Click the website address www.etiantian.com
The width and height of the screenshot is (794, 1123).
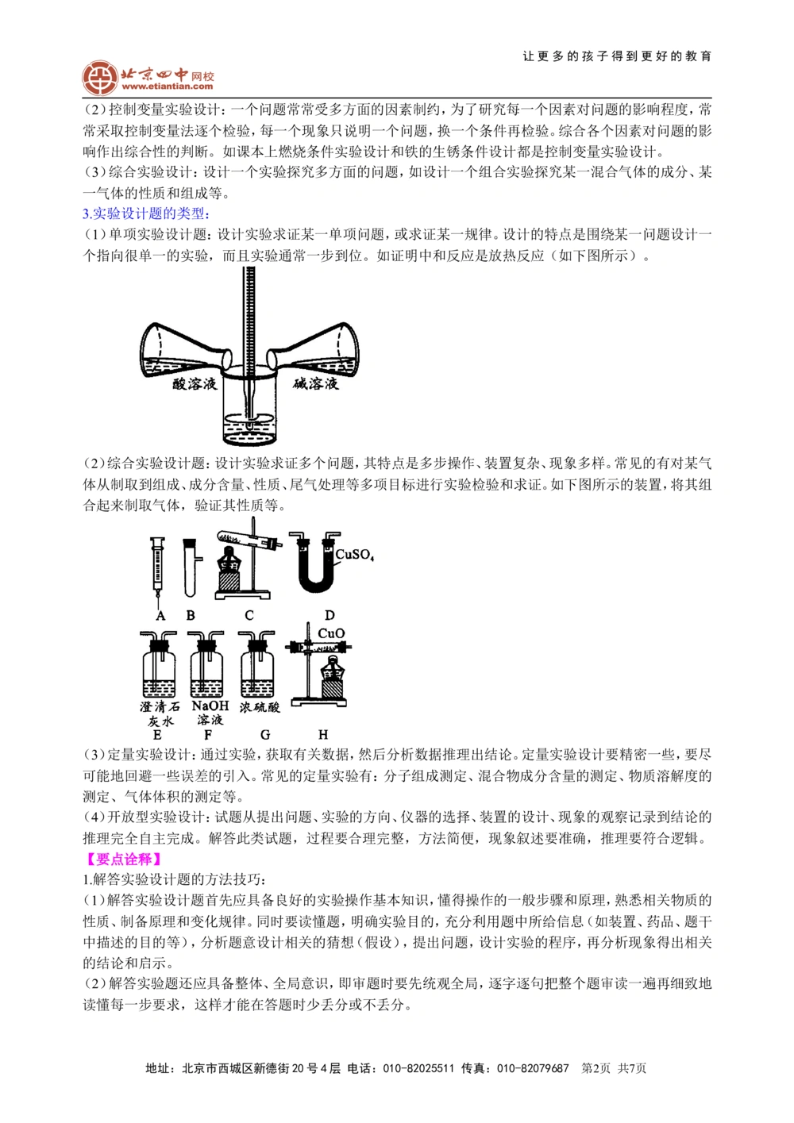[x=168, y=87]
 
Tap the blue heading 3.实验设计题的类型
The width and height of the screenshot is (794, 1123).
[x=146, y=213]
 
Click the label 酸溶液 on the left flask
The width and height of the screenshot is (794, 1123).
[x=195, y=384]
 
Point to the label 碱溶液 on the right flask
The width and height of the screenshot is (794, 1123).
[x=315, y=384]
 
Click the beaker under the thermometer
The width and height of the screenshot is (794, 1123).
[x=252, y=413]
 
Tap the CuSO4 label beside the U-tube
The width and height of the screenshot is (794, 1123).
[x=354, y=555]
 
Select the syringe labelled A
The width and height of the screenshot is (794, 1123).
[x=159, y=567]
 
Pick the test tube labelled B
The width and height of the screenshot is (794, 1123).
[x=190, y=567]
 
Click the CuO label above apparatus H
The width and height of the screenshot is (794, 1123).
[x=331, y=633]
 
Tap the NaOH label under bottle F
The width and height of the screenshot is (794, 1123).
[x=210, y=706]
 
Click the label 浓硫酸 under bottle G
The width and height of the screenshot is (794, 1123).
[x=260, y=706]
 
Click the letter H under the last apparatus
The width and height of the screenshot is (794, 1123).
[x=323, y=735]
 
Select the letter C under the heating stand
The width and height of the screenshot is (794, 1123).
[x=249, y=615]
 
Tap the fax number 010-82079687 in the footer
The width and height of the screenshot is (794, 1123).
[x=533, y=1068]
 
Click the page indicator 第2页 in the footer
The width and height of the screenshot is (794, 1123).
[x=596, y=1068]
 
